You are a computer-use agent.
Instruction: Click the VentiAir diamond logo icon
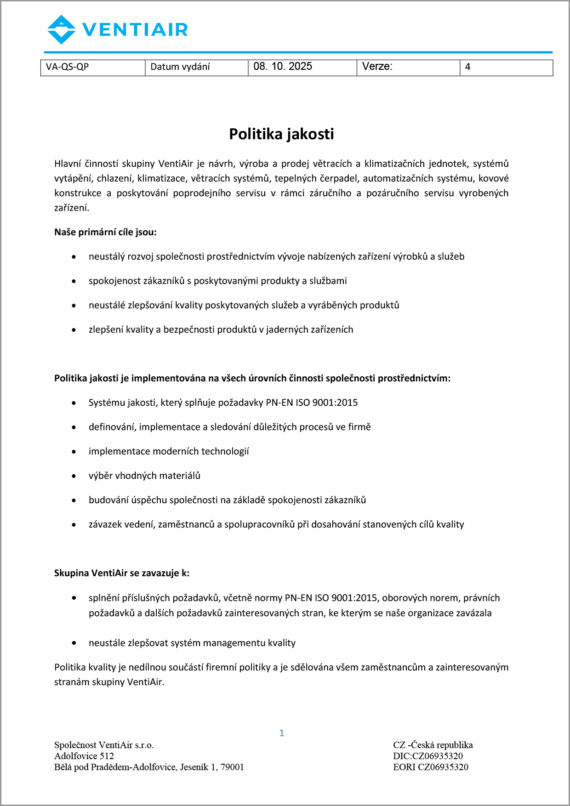pyautogui.click(x=62, y=30)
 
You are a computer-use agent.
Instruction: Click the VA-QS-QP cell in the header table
pyautogui.click(x=68, y=67)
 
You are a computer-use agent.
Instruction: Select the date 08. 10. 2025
pyautogui.click(x=283, y=67)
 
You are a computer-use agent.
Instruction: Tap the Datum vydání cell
pyautogui.click(x=180, y=67)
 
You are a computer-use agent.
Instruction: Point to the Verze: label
pyautogui.click(x=377, y=67)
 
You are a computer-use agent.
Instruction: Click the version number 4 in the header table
pyautogui.click(x=468, y=67)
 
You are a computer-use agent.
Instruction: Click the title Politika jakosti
pyautogui.click(x=281, y=134)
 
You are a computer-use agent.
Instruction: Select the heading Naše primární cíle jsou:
pyautogui.click(x=105, y=232)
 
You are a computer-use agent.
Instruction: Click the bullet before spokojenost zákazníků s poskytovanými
pyautogui.click(x=74, y=281)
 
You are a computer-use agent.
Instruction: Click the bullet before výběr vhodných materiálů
pyautogui.click(x=74, y=476)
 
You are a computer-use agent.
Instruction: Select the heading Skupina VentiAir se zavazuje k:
pyautogui.click(x=122, y=573)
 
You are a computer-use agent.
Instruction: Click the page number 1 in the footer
pyautogui.click(x=282, y=733)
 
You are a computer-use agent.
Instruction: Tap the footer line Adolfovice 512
pyautogui.click(x=84, y=756)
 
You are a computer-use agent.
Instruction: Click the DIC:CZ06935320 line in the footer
pyautogui.click(x=428, y=756)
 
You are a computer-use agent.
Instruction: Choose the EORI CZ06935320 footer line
pyautogui.click(x=431, y=767)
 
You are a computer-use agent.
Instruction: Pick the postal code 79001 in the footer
pyautogui.click(x=232, y=767)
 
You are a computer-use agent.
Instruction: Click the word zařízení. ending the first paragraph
pyautogui.click(x=72, y=208)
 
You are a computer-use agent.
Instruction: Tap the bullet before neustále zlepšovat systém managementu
pyautogui.click(x=74, y=643)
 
